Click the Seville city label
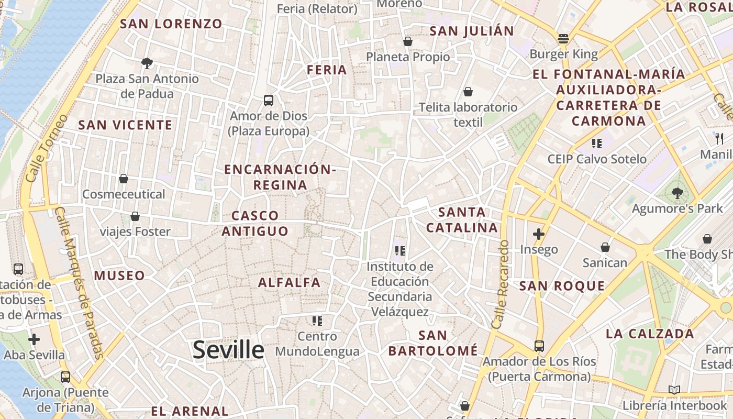coord(228,349)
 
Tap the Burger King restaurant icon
coord(563,38)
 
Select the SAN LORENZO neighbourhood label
coord(171,24)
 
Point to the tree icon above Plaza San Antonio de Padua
coord(147,63)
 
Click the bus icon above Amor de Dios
coord(269,100)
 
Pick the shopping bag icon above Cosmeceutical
coord(124,179)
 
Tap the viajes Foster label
coord(135,231)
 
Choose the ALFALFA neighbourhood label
coord(289,282)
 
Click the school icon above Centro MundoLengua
coord(317,321)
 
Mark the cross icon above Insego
coord(539,234)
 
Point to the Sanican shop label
coord(605,262)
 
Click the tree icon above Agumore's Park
coord(678,193)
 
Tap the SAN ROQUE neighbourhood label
coord(562,286)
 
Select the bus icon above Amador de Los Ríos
coord(539,346)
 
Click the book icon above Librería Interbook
coord(674,390)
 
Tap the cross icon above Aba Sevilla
coord(34,339)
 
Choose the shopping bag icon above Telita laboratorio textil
coord(468,92)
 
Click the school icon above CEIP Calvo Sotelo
coord(596,143)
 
